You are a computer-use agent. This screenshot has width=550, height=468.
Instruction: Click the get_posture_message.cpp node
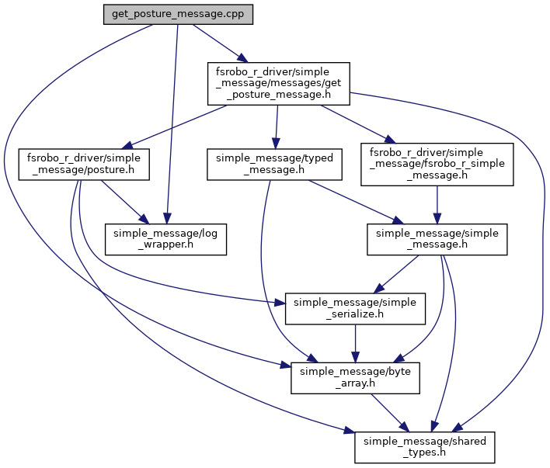pyautogui.click(x=178, y=16)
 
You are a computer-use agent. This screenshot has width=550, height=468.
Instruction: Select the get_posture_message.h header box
pyautogui.click(x=277, y=84)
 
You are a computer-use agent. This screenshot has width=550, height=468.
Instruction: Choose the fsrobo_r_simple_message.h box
pyautogui.click(x=437, y=163)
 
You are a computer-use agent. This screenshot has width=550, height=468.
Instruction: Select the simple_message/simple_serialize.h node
pyautogui.click(x=356, y=307)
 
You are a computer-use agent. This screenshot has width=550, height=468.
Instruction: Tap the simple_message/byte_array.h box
pyautogui.click(x=356, y=377)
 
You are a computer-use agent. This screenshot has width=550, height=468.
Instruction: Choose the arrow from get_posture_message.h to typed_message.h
pyautogui.click(x=277, y=123)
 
